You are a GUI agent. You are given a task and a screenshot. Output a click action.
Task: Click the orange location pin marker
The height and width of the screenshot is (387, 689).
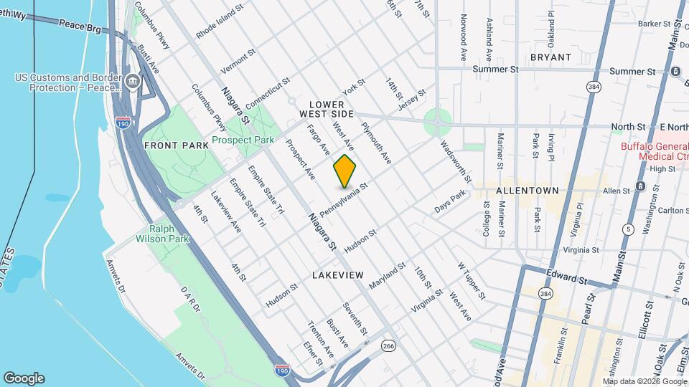coord(344,171)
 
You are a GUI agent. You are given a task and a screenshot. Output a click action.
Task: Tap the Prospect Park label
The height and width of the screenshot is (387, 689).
coord(243,140)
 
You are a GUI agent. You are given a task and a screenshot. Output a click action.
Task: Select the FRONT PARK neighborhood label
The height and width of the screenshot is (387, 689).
coord(176,145)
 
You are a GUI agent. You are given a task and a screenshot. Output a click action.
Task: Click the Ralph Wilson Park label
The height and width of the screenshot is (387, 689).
coord(160,236)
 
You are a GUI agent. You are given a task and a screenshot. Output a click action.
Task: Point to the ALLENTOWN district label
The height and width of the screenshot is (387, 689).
coord(527,191)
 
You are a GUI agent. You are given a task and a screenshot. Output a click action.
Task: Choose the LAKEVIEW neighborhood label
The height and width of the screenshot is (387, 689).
coord(337,275)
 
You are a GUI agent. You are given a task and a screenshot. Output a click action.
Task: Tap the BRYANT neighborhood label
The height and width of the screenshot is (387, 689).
coord(550,57)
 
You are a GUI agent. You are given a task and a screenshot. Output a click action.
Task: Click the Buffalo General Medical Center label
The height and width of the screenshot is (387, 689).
coord(655,151)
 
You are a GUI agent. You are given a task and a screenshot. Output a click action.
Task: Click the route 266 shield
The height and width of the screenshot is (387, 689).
coord(389,346)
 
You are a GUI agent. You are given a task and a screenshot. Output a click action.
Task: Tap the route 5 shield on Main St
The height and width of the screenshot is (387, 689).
coord(629,229)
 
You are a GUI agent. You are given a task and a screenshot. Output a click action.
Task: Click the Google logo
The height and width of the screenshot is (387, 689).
coord(24,378)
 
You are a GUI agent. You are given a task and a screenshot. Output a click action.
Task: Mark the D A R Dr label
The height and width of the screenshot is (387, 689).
coord(190,297)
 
